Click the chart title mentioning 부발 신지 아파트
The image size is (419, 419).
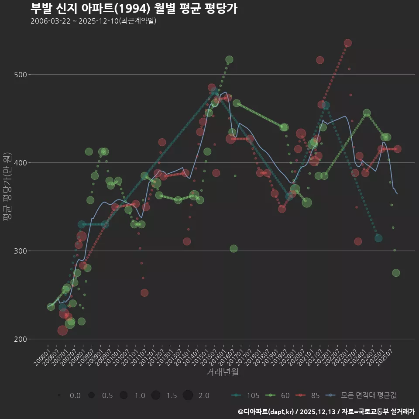pyautogui.click(x=134, y=8)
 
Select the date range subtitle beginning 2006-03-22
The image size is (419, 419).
pyautogui.click(x=93, y=21)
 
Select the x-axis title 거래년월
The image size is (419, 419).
pyautogui.click(x=222, y=372)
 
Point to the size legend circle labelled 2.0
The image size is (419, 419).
pyautogui.click(x=188, y=395)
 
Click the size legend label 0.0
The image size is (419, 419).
pyautogui.click(x=75, y=395)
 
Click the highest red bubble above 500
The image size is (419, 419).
pyautogui.click(x=347, y=43)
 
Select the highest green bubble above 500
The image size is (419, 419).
pyautogui.click(x=229, y=59)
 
